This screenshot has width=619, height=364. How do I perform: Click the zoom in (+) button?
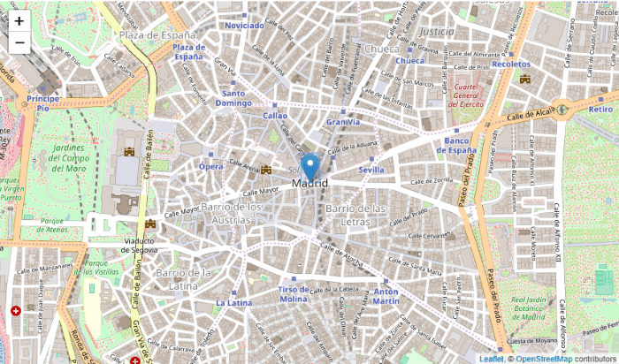(x=19, y=20)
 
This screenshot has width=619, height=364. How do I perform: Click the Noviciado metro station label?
(x=245, y=26)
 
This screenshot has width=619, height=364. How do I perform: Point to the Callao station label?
(x=275, y=115)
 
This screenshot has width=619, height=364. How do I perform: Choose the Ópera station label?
(x=210, y=166)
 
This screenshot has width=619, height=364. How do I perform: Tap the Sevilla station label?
(x=371, y=169)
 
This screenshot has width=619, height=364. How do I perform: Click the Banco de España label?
(x=460, y=145)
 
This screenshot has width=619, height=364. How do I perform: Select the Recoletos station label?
(x=511, y=64)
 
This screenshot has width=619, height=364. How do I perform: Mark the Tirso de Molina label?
(x=293, y=294)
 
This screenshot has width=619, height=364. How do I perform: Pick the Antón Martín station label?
(x=386, y=296)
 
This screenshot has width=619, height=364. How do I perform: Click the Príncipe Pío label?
(x=42, y=103)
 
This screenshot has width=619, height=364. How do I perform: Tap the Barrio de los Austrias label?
(x=218, y=212)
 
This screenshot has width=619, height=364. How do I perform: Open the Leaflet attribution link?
(x=491, y=359)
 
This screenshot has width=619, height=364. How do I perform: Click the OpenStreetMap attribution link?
(x=543, y=359)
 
